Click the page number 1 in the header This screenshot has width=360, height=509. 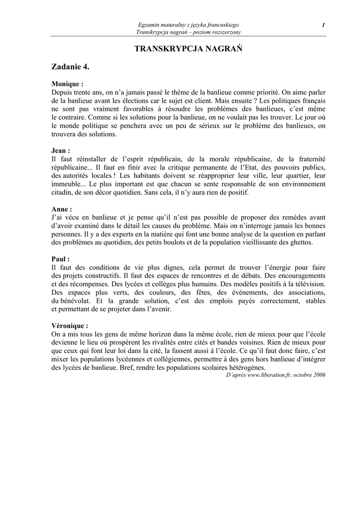click(x=323, y=25)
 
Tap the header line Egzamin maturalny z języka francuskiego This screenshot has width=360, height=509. click(x=188, y=25)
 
